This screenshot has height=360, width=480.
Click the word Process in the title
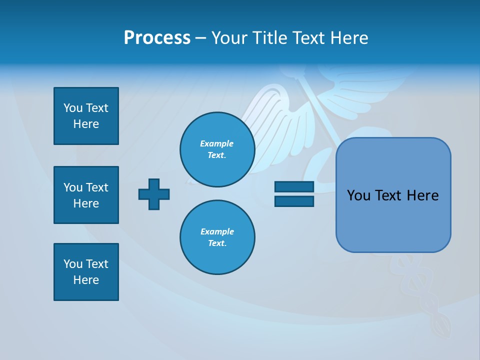(157, 38)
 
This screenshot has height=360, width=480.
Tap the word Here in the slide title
(347, 38)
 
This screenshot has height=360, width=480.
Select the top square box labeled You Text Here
(86, 116)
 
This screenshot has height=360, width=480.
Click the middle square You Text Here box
(86, 195)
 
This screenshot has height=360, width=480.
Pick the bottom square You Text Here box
(86, 272)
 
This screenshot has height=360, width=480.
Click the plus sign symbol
(154, 194)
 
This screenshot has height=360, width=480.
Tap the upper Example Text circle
(217, 149)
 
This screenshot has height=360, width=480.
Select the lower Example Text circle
(217, 237)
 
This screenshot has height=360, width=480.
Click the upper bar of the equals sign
(294, 187)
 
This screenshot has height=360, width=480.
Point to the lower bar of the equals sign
(294, 201)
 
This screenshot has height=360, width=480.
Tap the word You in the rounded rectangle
(358, 195)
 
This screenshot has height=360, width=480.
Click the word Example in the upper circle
(217, 143)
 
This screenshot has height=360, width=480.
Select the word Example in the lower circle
(217, 231)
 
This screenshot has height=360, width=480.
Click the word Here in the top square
(86, 124)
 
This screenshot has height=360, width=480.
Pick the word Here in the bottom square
(86, 280)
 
